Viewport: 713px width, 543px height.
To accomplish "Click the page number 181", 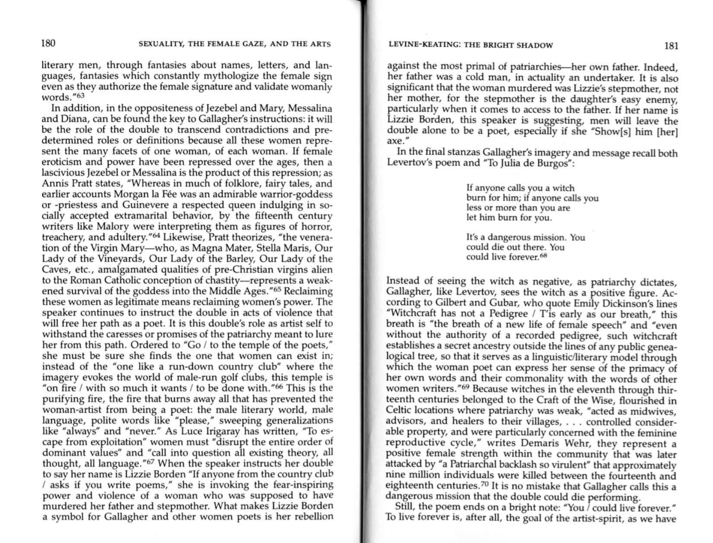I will [x=671, y=46].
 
